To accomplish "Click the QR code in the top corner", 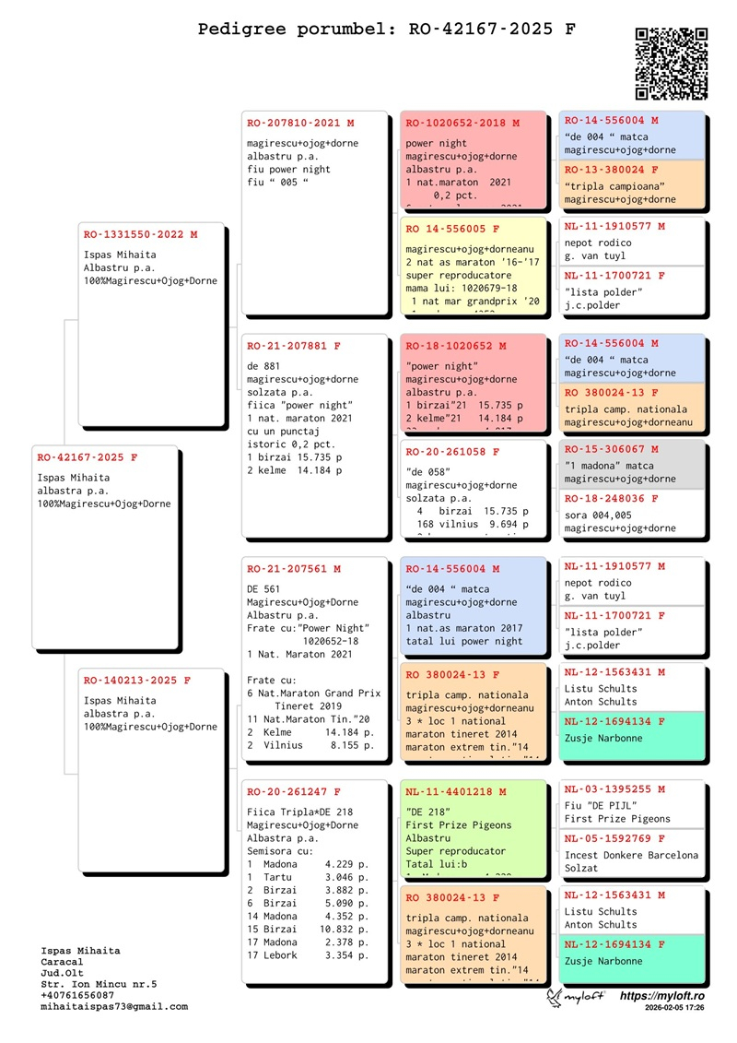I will (x=672, y=64).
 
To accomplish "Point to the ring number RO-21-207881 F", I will (x=294, y=346).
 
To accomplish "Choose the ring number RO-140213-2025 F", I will (x=137, y=681).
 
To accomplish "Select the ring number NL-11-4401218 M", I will (x=456, y=792).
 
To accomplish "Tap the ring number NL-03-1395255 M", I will (x=614, y=789).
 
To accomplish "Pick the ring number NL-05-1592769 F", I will (x=614, y=839).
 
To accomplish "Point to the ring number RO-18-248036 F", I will (x=612, y=499).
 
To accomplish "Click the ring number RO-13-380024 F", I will (x=612, y=171).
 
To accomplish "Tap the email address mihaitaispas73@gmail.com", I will (x=114, y=1007).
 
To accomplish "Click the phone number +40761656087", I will (x=79, y=996).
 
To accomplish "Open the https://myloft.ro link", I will (x=661, y=996).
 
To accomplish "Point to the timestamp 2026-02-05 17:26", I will (x=675, y=1009).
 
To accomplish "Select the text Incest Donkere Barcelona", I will (x=631, y=856).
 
